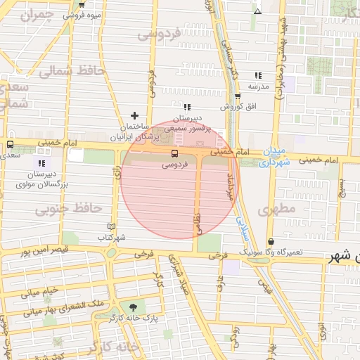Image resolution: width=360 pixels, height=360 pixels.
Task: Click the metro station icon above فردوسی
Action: [174, 153]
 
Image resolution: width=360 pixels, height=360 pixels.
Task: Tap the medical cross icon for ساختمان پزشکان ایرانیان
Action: [135, 115]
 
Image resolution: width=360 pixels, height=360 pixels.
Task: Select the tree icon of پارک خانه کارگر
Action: [131, 307]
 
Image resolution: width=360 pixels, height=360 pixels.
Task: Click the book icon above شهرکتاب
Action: [110, 226]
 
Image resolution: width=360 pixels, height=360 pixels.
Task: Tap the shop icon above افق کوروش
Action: [238, 96]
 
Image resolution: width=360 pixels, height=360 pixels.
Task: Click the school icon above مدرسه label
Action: [258, 75]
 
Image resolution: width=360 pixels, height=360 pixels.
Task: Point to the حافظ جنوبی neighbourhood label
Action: [69, 209]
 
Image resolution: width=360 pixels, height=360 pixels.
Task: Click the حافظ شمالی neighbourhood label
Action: [72, 72]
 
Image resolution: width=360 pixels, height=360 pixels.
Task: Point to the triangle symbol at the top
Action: [257, 11]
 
